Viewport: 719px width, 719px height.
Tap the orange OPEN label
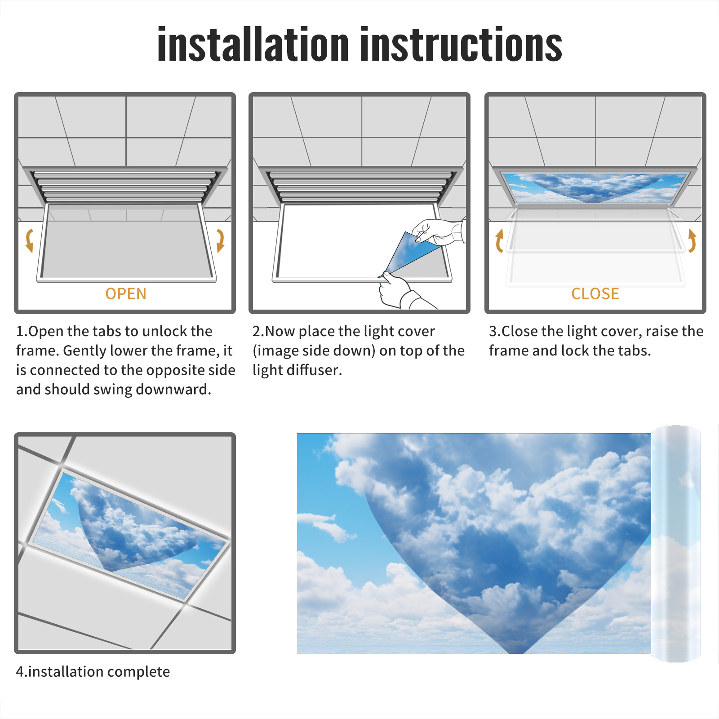pyautogui.click(x=126, y=294)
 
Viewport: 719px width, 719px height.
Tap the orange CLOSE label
pyautogui.click(x=595, y=294)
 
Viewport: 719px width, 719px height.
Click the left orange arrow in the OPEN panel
pyautogui.click(x=29, y=240)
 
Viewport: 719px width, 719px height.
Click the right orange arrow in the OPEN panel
pyautogui.click(x=220, y=240)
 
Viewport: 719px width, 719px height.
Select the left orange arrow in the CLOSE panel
pyautogui.click(x=499, y=240)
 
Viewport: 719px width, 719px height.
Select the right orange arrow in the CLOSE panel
pyautogui.click(x=692, y=240)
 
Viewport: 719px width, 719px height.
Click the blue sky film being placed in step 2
pyautogui.click(x=411, y=254)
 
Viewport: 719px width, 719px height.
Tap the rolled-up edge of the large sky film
pyautogui.click(x=676, y=544)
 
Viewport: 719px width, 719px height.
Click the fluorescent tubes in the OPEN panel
pyautogui.click(x=125, y=186)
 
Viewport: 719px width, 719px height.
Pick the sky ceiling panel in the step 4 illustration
pyautogui.click(x=130, y=535)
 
